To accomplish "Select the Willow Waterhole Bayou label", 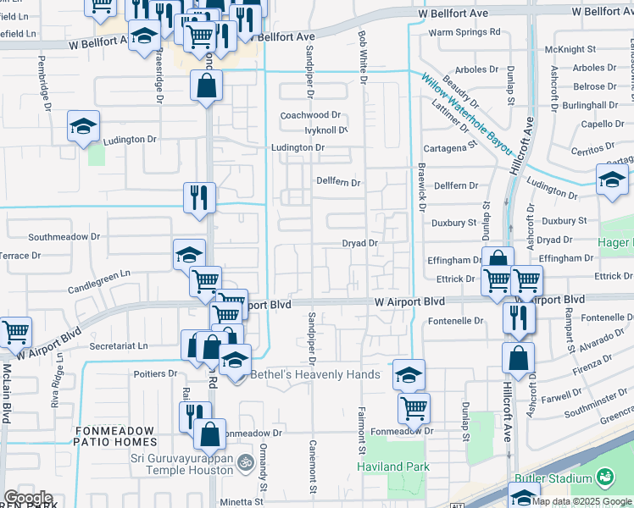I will point(467,113).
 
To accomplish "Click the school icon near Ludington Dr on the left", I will point(84,127).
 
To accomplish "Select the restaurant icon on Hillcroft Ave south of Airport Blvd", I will point(517,317).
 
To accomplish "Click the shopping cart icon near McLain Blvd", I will point(15,333).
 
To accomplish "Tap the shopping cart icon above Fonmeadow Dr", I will point(414,409).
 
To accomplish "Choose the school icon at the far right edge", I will point(611,180).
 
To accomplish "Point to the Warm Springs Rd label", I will point(464,32).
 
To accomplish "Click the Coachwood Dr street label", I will point(310,114).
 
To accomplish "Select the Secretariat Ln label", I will point(118,345).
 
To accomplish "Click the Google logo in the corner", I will point(28,498).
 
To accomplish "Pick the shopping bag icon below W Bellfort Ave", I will point(206,86).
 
